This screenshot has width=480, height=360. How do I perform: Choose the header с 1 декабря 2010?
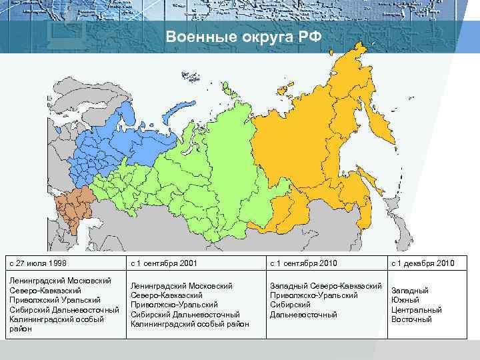(423, 263)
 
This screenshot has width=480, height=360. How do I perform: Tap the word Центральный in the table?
(416, 309)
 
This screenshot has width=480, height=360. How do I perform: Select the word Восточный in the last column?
(411, 319)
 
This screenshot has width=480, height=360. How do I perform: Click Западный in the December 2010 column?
(409, 291)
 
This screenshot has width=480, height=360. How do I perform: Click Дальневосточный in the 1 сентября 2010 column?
(303, 314)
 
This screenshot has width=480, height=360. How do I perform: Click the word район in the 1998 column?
(21, 328)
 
